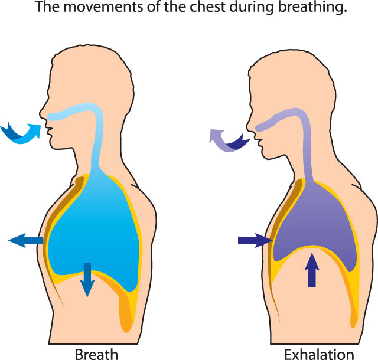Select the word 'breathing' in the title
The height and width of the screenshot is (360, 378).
coord(312,7)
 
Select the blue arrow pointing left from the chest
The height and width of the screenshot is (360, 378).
coord(25,240)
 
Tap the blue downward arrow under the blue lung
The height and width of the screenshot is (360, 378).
coord(87,280)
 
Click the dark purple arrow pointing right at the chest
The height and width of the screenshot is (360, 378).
coord(255,240)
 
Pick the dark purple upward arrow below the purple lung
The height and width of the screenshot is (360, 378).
coord(312,270)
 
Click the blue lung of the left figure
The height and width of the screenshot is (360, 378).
coord(94,231)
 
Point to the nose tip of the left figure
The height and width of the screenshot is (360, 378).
coord(40,113)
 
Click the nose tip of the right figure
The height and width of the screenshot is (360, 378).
coord(246,125)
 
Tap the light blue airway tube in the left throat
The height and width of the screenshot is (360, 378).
coord(96,135)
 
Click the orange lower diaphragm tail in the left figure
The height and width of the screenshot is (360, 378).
coord(125,311)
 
